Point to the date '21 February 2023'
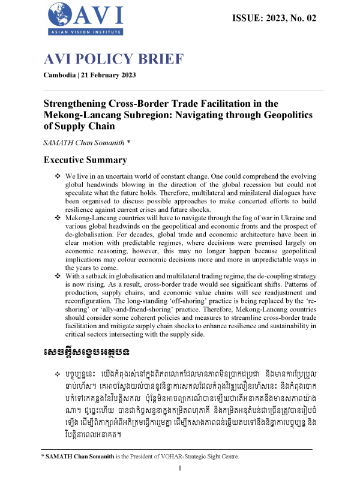110,75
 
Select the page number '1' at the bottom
180,469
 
